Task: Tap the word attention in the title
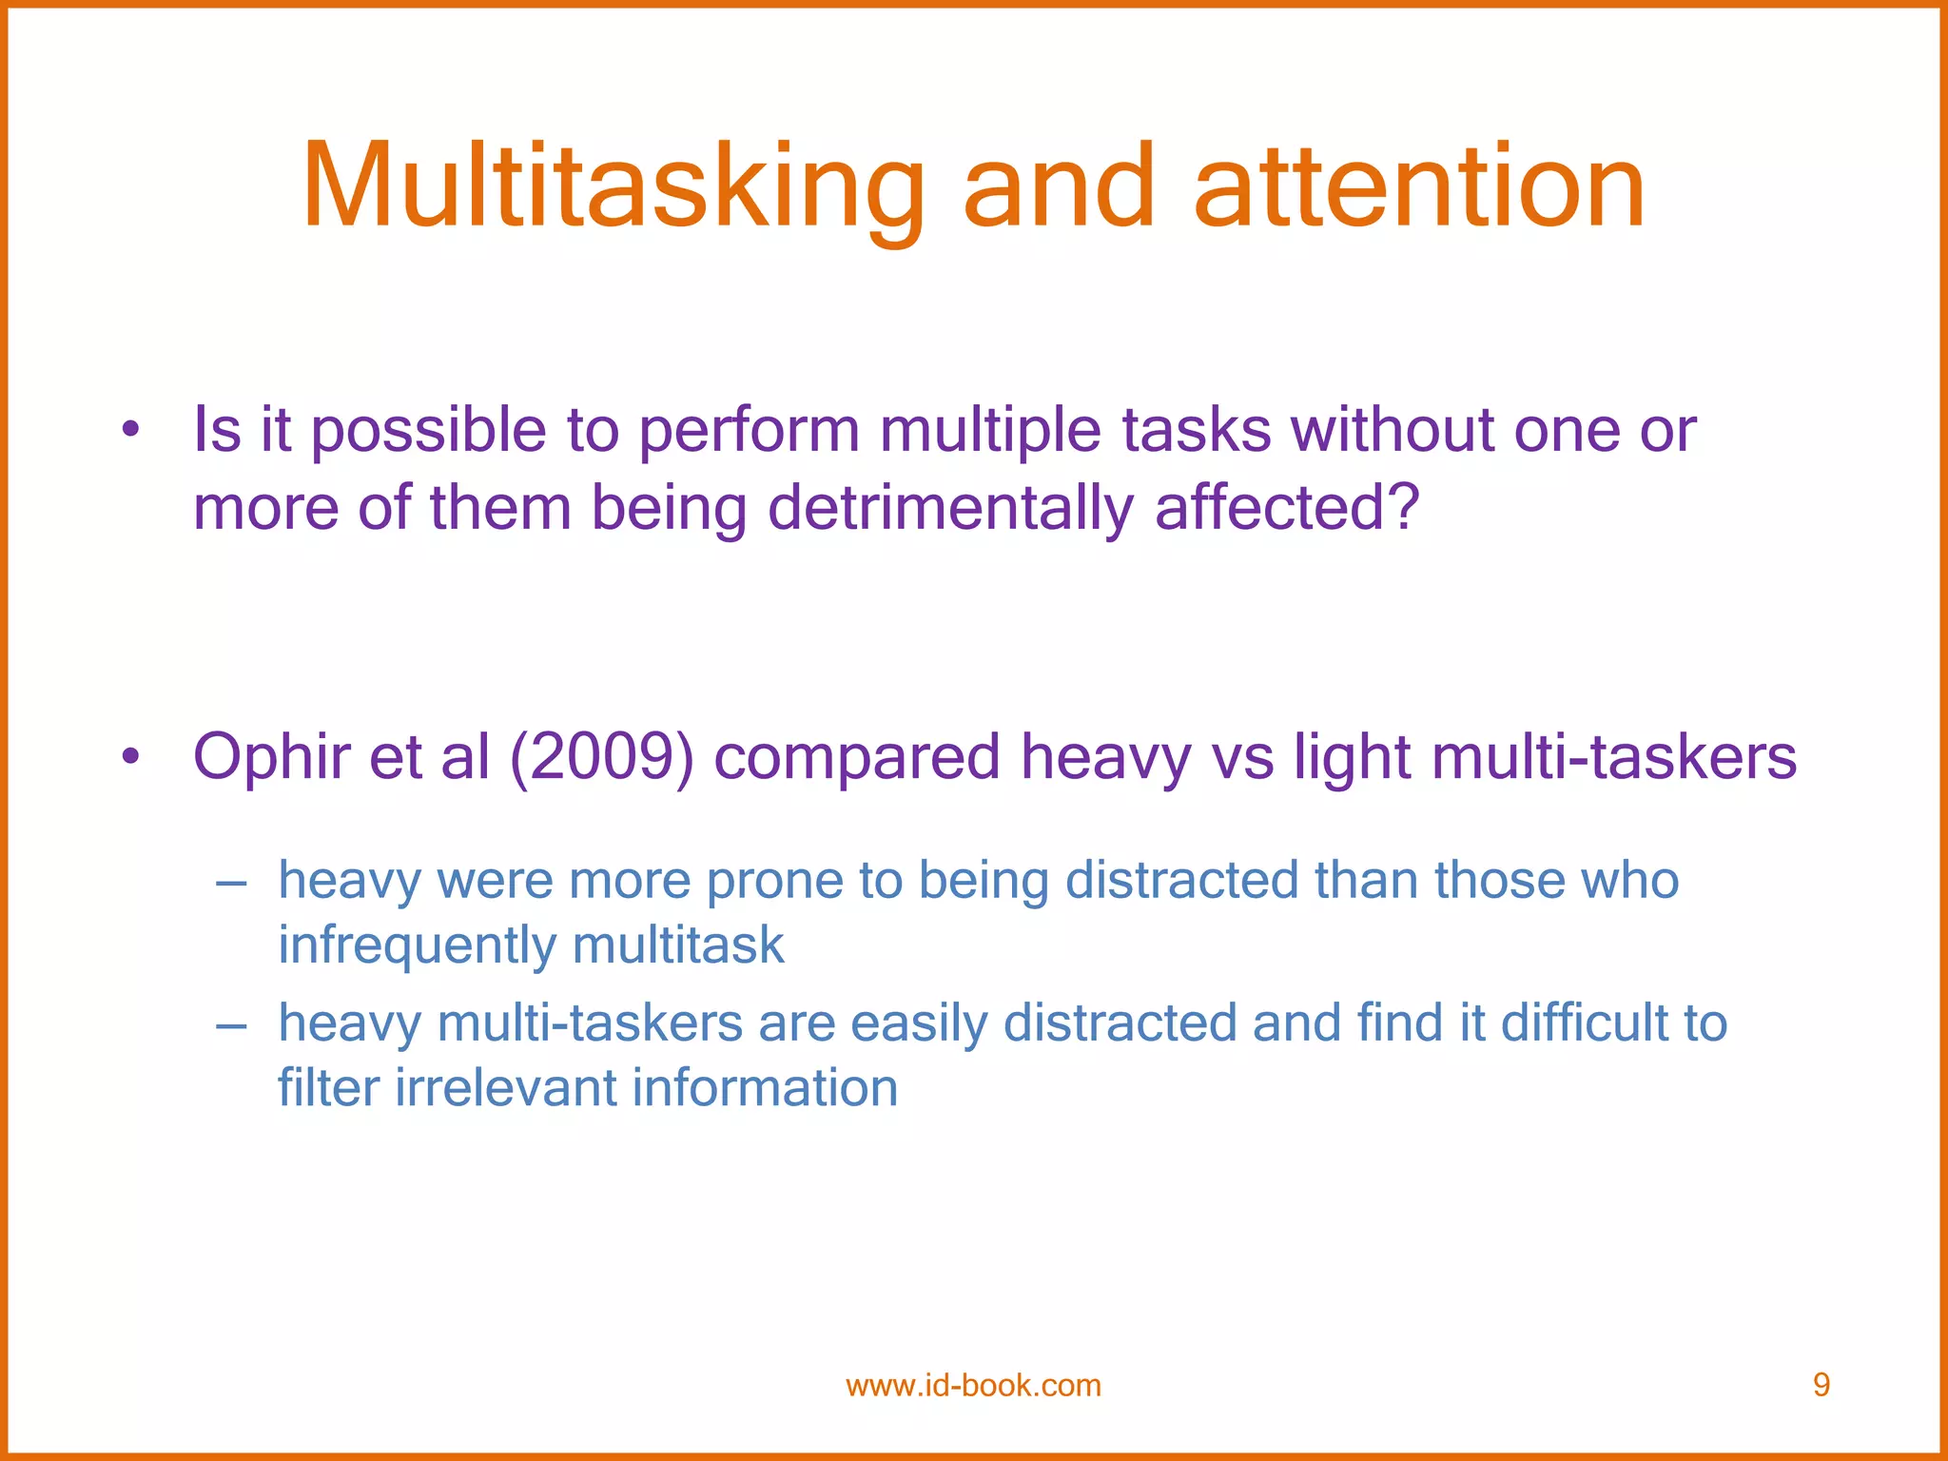click(x=1418, y=187)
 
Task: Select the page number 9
click(x=1821, y=1385)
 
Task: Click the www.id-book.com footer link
click(x=973, y=1386)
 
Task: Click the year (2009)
click(x=602, y=757)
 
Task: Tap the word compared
click(x=857, y=757)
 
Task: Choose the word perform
click(x=749, y=430)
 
